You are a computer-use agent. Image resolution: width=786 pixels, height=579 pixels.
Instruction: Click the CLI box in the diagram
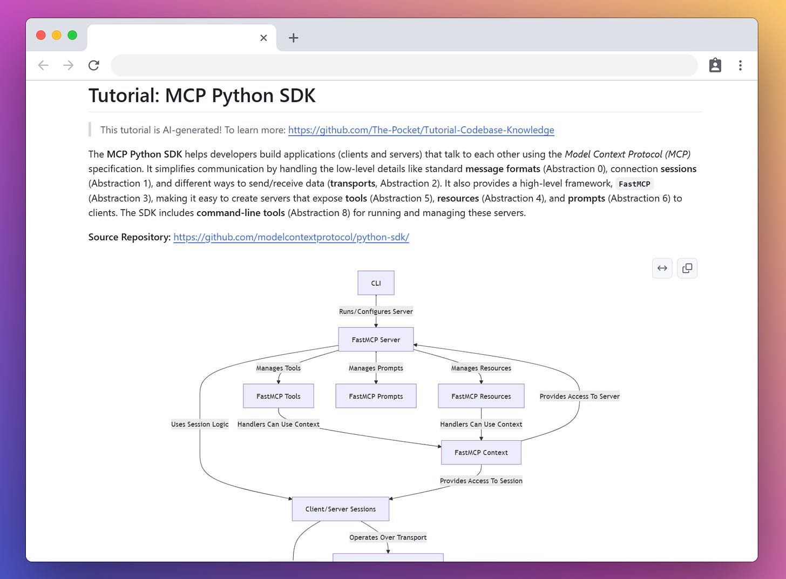[x=376, y=283]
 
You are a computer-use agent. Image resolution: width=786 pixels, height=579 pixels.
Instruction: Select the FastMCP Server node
[x=376, y=340]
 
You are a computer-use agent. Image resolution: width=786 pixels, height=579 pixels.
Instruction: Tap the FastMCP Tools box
[x=278, y=396]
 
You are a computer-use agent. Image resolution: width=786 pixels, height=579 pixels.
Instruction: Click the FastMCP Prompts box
[x=376, y=396]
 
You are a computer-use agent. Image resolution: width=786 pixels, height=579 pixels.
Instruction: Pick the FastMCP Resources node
[x=481, y=396]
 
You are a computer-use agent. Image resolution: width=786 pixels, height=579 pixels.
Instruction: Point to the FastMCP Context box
[x=481, y=453]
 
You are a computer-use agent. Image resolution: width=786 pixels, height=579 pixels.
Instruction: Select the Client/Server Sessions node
[x=340, y=509]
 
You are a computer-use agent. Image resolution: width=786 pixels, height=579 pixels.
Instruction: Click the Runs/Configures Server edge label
[x=376, y=312]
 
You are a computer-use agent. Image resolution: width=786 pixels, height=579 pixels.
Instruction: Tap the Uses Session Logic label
[x=200, y=424]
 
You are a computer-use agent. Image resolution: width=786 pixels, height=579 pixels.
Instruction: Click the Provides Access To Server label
[x=579, y=396]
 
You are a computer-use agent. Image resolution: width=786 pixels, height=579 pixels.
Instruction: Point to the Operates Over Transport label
[x=388, y=537]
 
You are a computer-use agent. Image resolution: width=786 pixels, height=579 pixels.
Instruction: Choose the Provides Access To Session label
[x=481, y=481]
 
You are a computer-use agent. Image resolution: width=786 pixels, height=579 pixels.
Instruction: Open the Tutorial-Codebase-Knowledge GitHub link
[x=421, y=130]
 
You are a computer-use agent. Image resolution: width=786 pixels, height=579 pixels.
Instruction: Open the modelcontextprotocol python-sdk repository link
[x=291, y=237]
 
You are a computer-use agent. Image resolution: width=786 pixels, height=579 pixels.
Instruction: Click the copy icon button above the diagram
[x=687, y=268]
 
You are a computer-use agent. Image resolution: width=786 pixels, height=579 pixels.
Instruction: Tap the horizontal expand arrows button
[x=662, y=268]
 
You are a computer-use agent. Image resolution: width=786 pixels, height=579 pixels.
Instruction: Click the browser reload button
[x=94, y=65]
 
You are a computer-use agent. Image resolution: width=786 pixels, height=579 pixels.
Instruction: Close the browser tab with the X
[x=263, y=38]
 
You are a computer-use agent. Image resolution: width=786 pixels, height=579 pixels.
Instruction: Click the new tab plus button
[x=294, y=38]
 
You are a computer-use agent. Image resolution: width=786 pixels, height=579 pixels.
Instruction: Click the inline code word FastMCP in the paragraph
[x=634, y=184]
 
